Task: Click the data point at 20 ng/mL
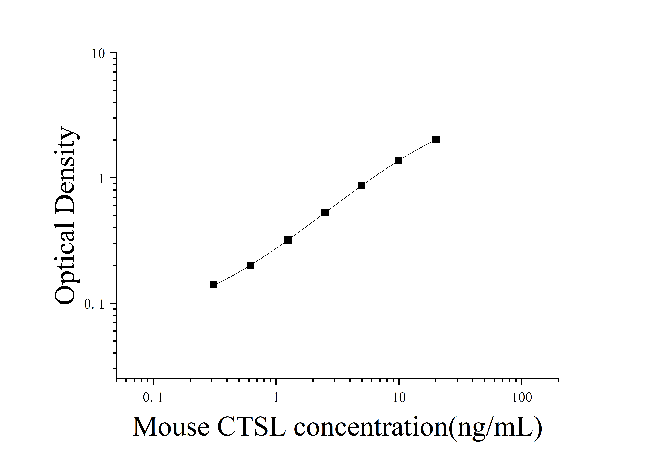click(x=436, y=139)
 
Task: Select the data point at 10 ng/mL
click(x=399, y=160)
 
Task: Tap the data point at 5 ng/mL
click(x=362, y=185)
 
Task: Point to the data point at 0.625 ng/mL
click(x=250, y=265)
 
